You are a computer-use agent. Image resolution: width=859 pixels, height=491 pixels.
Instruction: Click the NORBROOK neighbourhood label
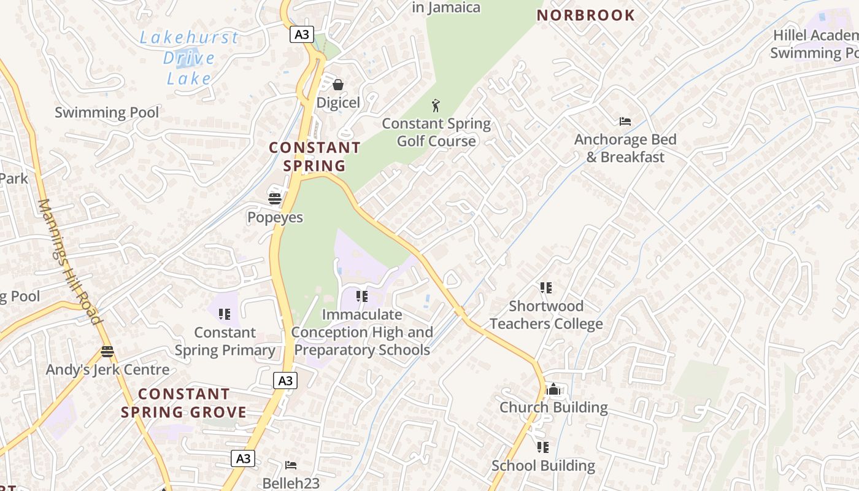click(x=585, y=15)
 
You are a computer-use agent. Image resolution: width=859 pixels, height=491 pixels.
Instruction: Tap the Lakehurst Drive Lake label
click(x=189, y=58)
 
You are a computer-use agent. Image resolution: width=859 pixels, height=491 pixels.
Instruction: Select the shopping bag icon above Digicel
click(x=337, y=85)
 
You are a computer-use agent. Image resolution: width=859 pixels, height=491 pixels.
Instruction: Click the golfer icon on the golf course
click(x=436, y=106)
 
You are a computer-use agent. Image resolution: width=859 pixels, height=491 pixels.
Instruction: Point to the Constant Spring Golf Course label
click(x=436, y=132)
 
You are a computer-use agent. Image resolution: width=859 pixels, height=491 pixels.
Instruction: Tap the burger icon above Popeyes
click(x=275, y=198)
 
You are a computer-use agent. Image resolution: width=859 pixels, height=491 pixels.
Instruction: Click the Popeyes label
click(x=275, y=217)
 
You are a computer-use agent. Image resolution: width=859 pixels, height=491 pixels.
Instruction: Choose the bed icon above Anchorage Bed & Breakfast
click(x=625, y=122)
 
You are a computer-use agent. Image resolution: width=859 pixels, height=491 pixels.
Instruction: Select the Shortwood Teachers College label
click(x=546, y=314)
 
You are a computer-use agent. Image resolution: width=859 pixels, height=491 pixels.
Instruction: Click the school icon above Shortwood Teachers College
click(x=545, y=287)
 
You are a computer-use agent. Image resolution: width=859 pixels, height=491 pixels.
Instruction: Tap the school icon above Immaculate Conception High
click(x=362, y=296)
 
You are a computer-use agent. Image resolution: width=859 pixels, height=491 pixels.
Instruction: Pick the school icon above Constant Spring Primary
click(x=225, y=314)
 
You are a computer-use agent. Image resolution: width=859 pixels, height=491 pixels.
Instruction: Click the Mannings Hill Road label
click(x=69, y=261)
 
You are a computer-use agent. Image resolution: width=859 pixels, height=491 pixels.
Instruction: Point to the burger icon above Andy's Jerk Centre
click(x=107, y=352)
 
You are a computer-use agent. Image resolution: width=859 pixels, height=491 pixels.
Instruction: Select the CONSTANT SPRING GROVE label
click(x=183, y=403)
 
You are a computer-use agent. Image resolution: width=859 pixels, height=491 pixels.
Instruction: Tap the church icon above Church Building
click(x=553, y=389)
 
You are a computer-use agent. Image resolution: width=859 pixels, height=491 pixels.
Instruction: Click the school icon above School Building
click(x=543, y=447)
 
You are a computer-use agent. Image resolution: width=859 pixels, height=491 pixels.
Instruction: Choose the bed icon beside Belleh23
click(x=291, y=465)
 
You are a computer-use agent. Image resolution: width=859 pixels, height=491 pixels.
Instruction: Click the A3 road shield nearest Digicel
click(x=302, y=34)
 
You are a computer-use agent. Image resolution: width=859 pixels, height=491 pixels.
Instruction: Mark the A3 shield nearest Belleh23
click(x=243, y=458)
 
